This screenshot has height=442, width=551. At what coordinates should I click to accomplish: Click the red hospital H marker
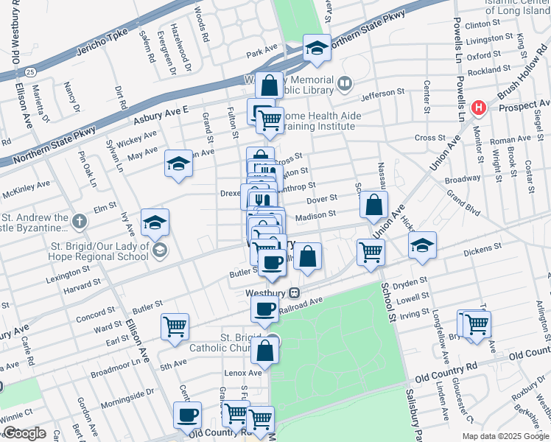479,108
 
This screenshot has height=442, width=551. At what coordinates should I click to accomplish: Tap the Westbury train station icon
293,292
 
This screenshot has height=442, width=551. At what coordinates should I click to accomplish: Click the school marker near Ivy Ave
155,221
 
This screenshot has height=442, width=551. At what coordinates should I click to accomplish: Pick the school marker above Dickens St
422,245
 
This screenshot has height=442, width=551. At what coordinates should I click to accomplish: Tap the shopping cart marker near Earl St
175,326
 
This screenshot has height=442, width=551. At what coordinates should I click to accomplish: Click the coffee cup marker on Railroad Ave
264,309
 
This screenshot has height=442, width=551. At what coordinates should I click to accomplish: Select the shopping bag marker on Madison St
374,206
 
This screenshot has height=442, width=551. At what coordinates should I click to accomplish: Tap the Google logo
24,433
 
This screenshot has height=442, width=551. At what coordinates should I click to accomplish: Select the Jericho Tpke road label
103,43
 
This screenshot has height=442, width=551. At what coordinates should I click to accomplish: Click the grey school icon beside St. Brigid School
158,252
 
